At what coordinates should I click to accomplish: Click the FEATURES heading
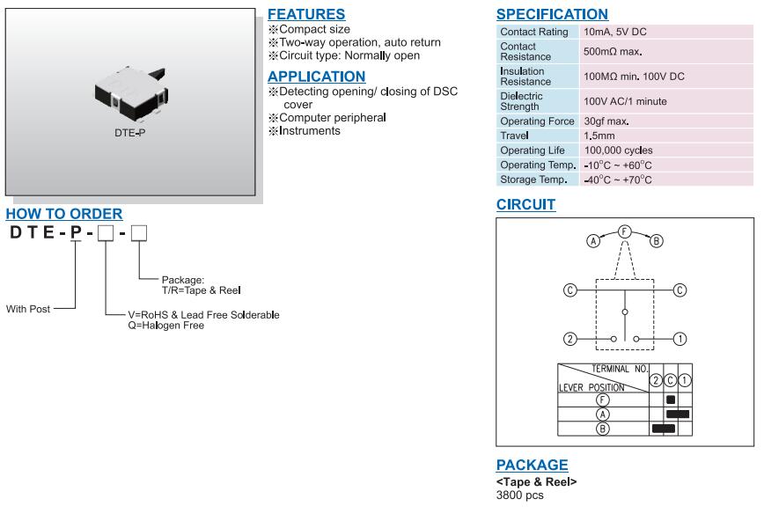pos(305,15)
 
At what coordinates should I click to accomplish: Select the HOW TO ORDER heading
pos(64,214)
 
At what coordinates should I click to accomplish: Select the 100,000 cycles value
pos(618,150)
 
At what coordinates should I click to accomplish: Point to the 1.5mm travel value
pos(599,136)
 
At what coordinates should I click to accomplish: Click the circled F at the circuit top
pos(624,231)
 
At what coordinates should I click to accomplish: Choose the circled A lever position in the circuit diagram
pos(594,241)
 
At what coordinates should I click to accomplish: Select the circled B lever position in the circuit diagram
pos(656,241)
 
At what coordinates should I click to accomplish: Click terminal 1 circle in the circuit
pos(680,339)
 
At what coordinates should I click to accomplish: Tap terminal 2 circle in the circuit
pos(569,339)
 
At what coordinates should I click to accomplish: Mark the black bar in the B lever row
pos(663,429)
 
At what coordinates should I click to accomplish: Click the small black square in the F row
pos(671,400)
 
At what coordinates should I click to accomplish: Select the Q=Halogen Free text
pos(166,326)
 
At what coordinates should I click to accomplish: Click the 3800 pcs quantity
pos(520,495)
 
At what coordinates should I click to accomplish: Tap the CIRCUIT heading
pos(525,205)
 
